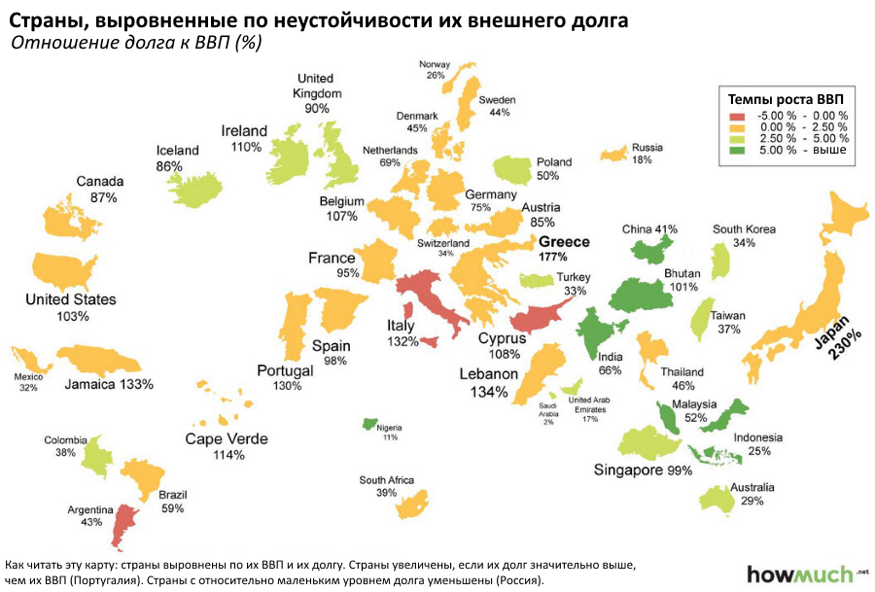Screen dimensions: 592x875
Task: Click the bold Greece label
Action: (x=565, y=242)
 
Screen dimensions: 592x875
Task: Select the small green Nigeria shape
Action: (x=370, y=425)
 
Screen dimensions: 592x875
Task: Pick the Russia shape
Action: (x=614, y=154)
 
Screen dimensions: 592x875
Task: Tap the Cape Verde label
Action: (x=227, y=439)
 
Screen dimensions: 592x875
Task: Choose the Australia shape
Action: (x=719, y=497)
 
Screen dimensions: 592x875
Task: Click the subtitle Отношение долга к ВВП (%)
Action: (x=135, y=43)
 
